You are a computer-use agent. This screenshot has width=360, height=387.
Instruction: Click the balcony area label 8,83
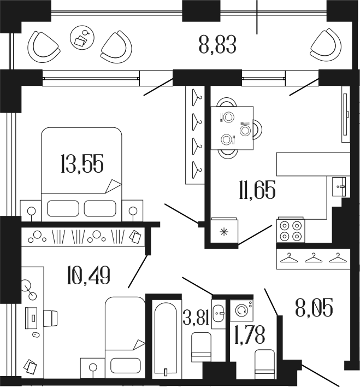(217, 45)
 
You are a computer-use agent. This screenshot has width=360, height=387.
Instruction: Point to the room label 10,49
(88, 274)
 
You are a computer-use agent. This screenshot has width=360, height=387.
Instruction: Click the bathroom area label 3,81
(197, 318)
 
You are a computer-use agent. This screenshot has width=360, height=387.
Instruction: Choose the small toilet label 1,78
(245, 333)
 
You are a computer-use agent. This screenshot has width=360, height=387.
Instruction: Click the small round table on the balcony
(82, 37)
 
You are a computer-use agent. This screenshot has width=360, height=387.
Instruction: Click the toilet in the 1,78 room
(268, 361)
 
